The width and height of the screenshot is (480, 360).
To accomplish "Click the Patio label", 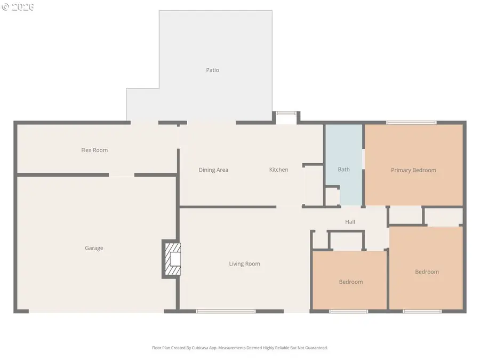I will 212,70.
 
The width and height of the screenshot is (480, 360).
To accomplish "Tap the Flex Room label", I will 94,150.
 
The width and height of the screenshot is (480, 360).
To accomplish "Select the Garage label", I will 94,248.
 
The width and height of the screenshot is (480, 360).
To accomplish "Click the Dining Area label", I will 213,170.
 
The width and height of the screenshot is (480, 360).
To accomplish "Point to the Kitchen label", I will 278,170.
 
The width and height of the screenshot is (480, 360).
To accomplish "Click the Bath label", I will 343,169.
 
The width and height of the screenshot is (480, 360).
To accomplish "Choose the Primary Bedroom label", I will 413,170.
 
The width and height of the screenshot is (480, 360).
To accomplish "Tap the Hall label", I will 350,222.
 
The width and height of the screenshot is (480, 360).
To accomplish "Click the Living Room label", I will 244,263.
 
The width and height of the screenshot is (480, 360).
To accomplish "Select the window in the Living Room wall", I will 226,311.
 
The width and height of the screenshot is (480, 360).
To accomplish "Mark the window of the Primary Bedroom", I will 411,123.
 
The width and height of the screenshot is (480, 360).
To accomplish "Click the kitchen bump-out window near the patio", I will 286,113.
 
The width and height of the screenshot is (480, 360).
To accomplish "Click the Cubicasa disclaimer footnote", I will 239,348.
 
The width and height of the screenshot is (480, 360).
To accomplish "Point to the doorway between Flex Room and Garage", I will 122,174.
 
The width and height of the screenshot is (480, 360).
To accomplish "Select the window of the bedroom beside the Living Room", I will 348,311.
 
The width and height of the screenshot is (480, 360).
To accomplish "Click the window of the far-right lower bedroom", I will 422,311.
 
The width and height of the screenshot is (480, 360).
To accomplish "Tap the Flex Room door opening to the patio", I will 145,123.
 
